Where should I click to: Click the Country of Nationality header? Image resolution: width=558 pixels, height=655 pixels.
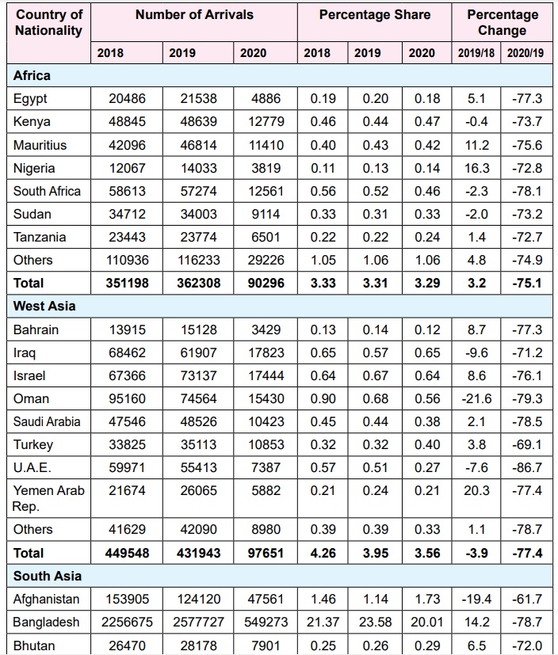pyautogui.click(x=48, y=22)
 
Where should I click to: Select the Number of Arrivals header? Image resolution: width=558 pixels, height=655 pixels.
pyautogui.click(x=194, y=15)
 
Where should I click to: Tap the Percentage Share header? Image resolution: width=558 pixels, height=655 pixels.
pyautogui.click(x=375, y=15)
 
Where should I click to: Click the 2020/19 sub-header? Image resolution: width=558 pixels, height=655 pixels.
pyautogui.click(x=527, y=53)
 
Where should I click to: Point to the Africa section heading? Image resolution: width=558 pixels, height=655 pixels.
pyautogui.click(x=32, y=76)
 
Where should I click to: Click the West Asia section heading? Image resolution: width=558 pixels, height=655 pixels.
pyautogui.click(x=44, y=306)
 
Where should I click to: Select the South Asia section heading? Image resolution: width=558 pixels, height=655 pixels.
pyautogui.click(x=48, y=576)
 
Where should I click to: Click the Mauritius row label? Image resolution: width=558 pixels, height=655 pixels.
pyautogui.click(x=40, y=145)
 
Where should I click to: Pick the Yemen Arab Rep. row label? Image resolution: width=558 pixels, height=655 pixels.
pyautogui.click(x=48, y=498)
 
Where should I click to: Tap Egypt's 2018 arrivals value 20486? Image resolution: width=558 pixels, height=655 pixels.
pyautogui.click(x=127, y=99)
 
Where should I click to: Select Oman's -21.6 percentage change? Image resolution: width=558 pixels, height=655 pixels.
pyautogui.click(x=476, y=398)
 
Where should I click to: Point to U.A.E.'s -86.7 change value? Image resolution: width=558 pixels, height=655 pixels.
pyautogui.click(x=527, y=467)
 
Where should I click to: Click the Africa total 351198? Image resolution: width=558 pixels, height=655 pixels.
pyautogui.click(x=127, y=283)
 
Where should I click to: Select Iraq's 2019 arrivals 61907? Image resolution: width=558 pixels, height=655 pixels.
pyautogui.click(x=198, y=352)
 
